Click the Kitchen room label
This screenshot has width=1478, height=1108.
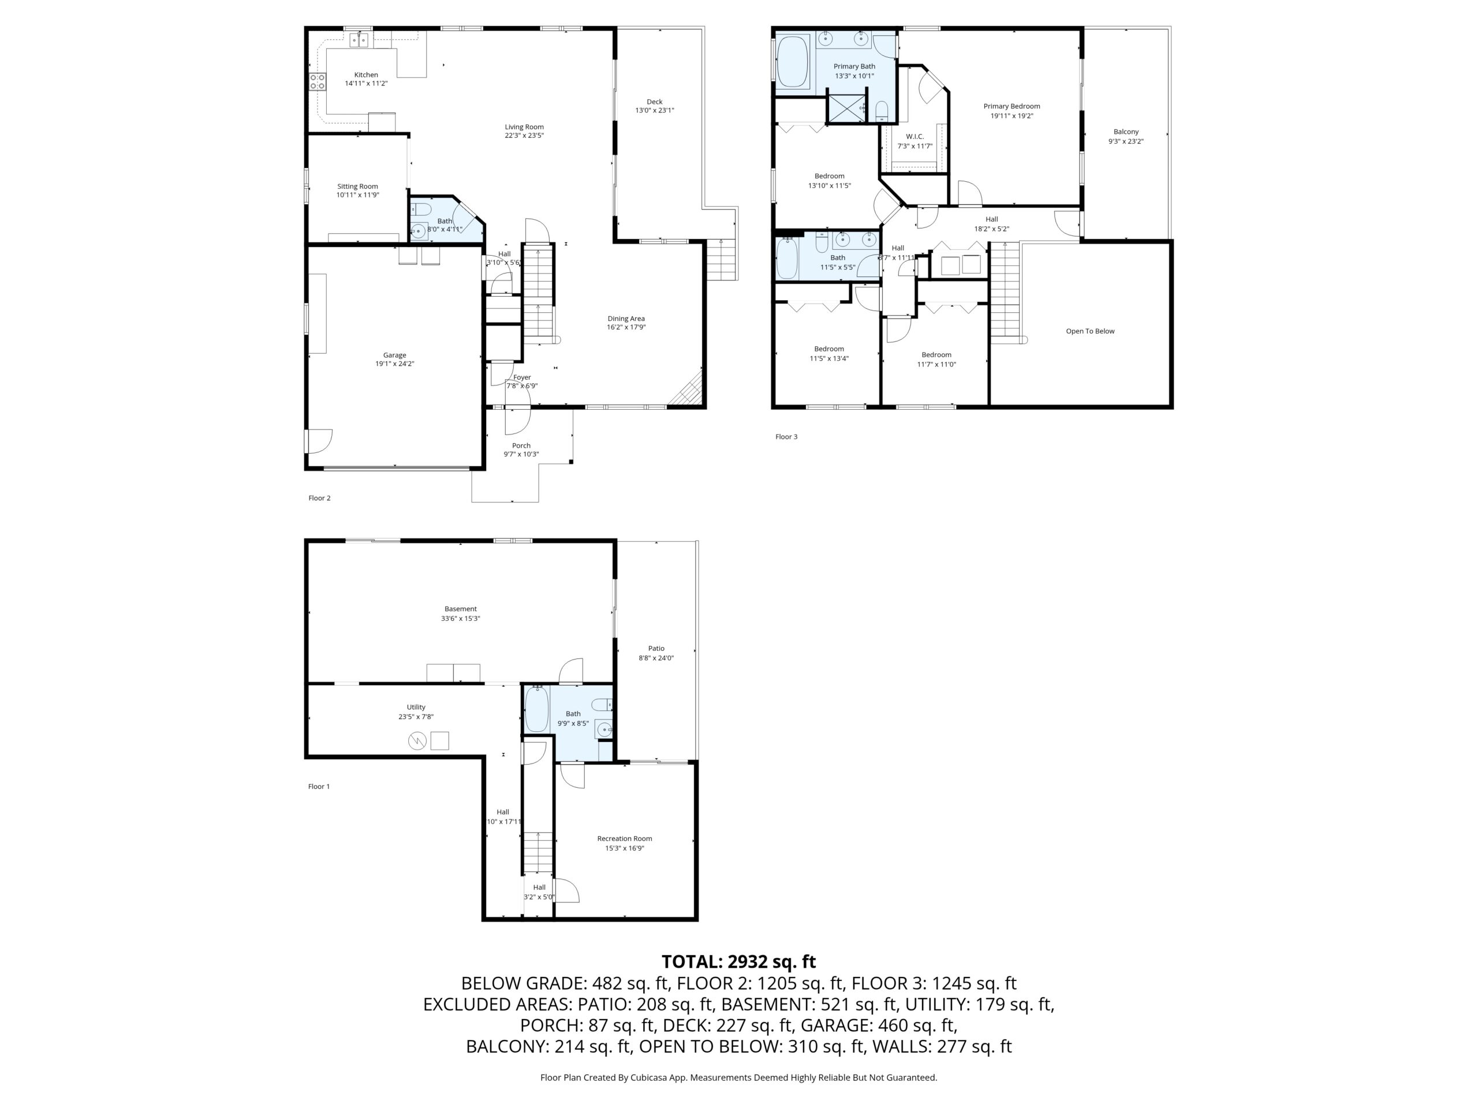click(x=366, y=75)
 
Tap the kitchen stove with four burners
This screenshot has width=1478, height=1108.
click(x=318, y=81)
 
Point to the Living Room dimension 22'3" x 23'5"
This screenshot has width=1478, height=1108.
click(x=524, y=136)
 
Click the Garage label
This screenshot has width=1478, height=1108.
click(x=395, y=355)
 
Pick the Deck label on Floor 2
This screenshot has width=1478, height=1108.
click(x=655, y=102)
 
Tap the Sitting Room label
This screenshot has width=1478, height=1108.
click(x=357, y=186)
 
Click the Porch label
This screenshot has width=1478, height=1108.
click(x=521, y=446)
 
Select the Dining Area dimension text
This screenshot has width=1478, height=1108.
click(x=626, y=327)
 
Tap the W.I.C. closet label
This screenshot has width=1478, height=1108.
click(x=915, y=136)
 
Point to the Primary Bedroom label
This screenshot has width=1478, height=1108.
click(x=1012, y=106)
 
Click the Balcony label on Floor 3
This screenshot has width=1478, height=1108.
click(x=1126, y=132)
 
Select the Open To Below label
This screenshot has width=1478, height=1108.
click(x=1090, y=331)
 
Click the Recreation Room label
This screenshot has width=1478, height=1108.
click(x=625, y=838)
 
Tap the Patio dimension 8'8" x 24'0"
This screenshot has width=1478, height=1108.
click(x=656, y=658)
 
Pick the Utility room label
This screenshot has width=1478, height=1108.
click(x=416, y=706)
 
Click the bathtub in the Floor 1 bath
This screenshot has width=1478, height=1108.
click(x=536, y=709)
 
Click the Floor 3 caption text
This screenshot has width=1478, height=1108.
click(x=786, y=437)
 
